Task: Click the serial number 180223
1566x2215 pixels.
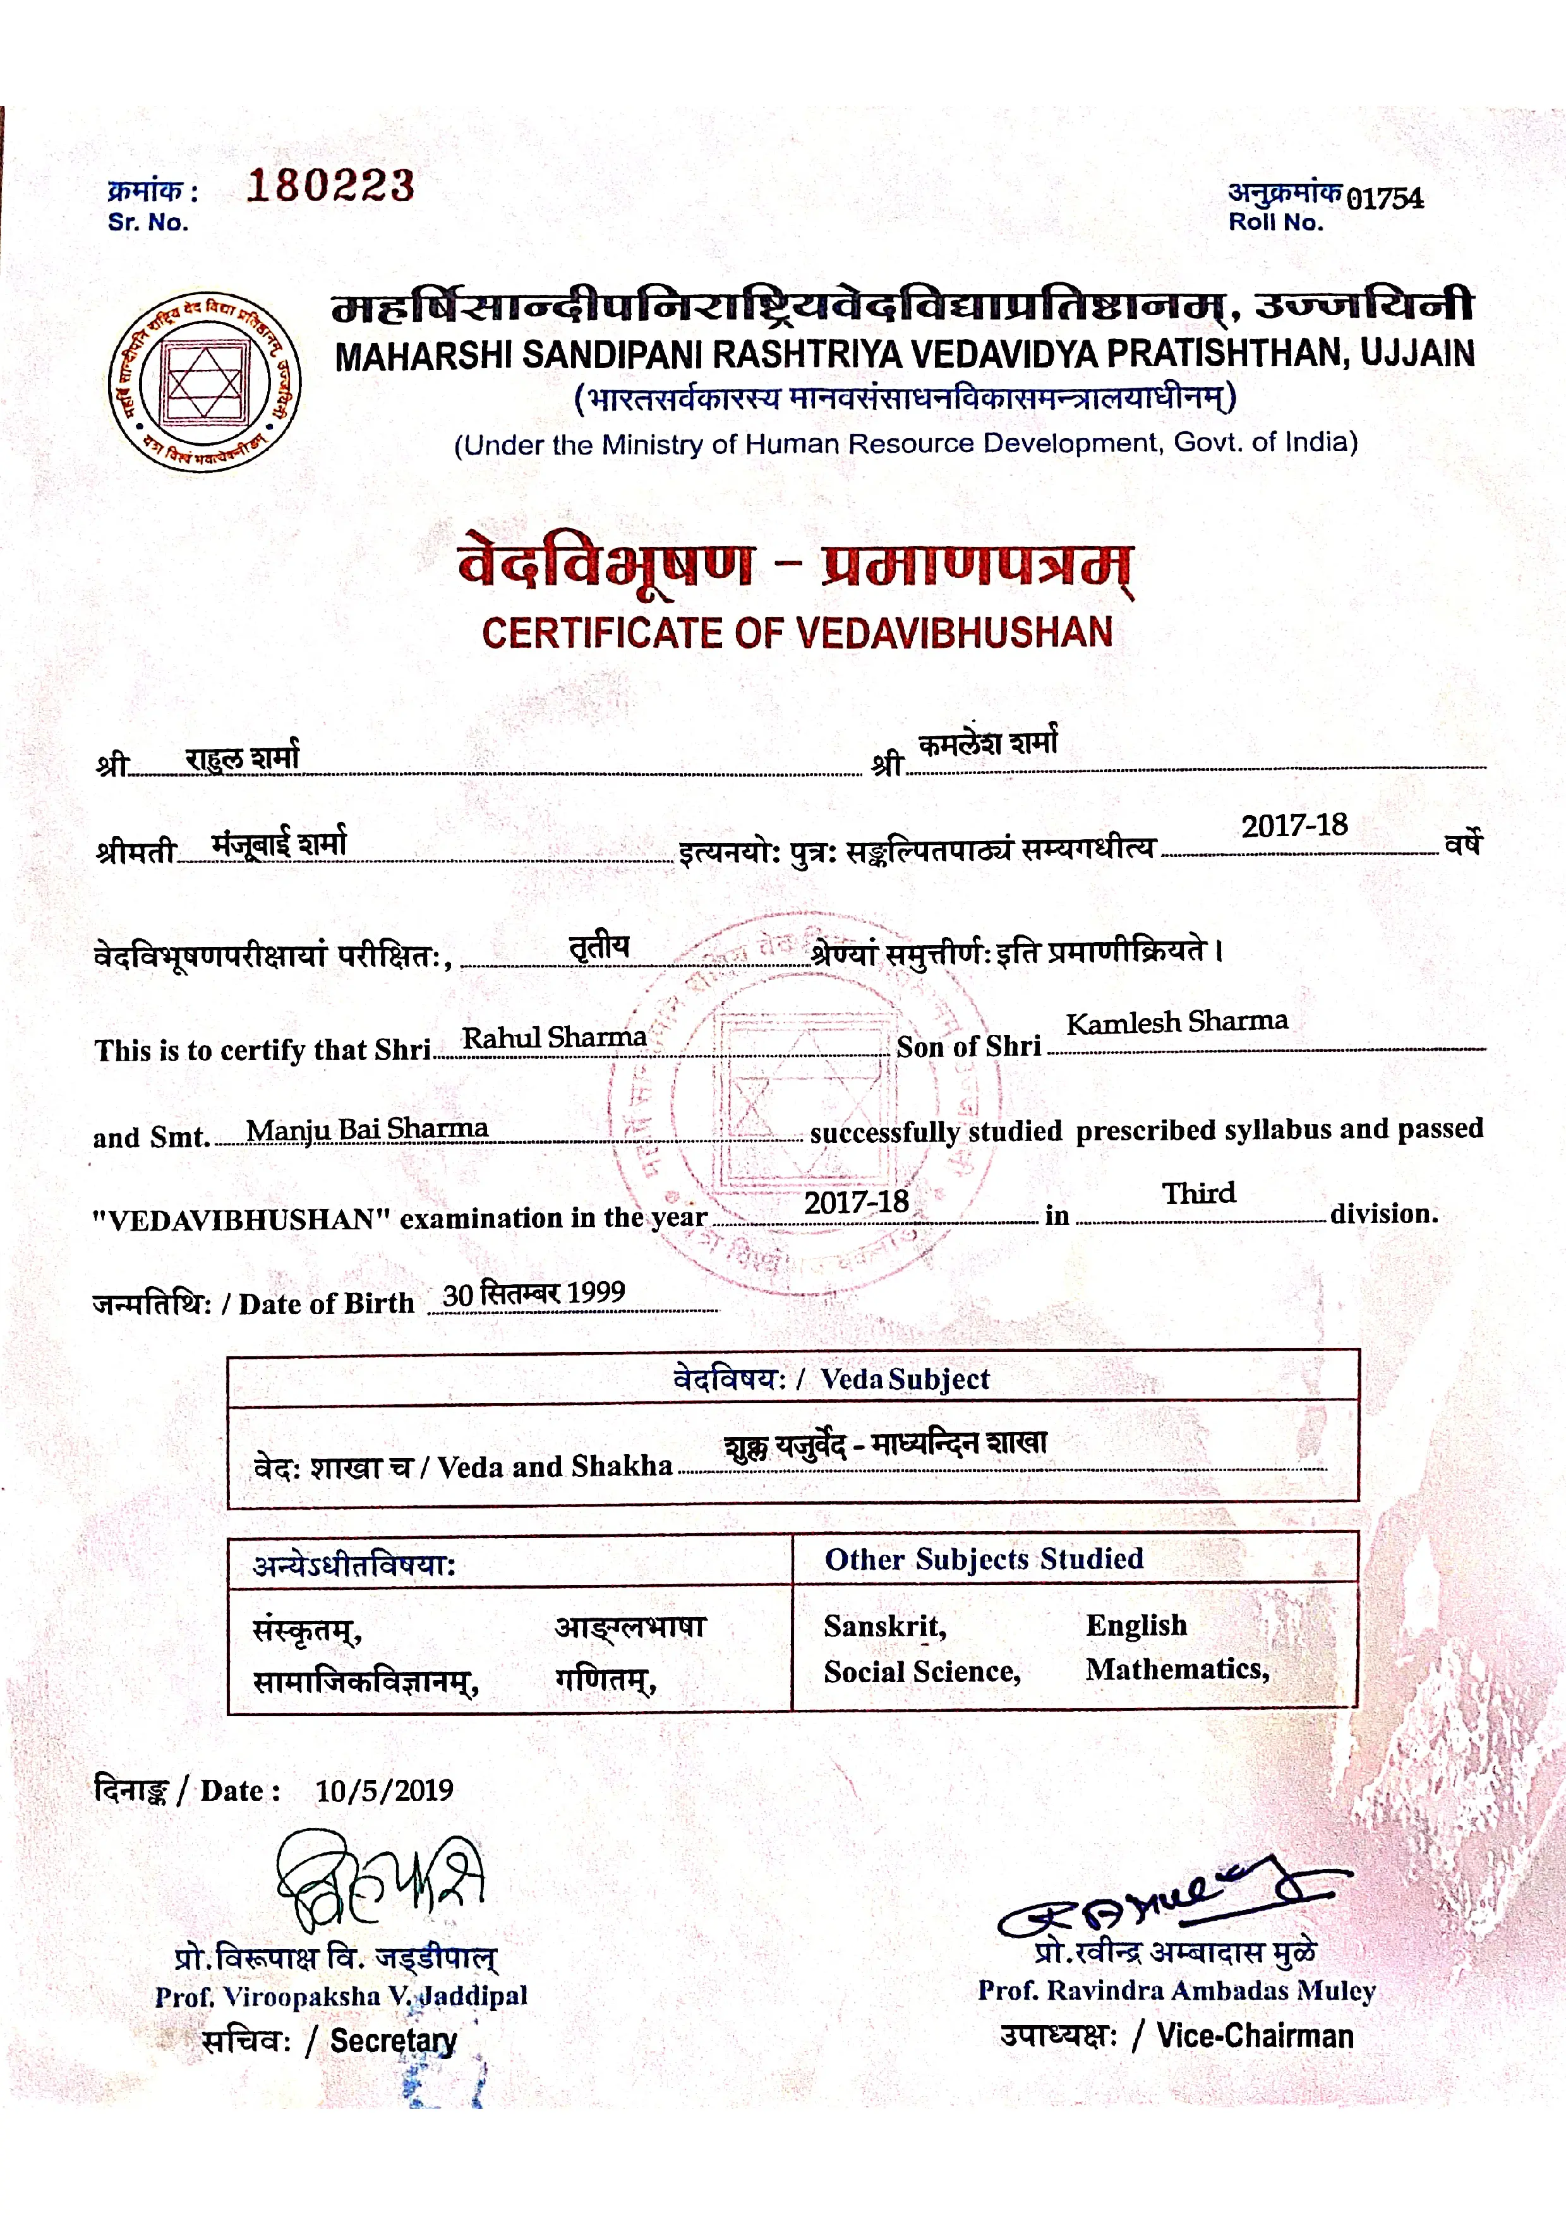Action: [330, 185]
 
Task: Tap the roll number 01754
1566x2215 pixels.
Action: [1385, 199]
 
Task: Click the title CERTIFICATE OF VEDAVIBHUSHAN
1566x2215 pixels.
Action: [797, 633]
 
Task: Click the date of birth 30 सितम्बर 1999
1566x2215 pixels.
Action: [534, 1293]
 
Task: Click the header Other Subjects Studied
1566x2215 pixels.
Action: [983, 1559]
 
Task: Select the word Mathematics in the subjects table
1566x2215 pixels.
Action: [1176, 1669]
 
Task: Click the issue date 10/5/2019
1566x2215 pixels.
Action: [384, 1791]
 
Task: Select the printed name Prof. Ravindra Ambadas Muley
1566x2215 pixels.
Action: [1176, 1990]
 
